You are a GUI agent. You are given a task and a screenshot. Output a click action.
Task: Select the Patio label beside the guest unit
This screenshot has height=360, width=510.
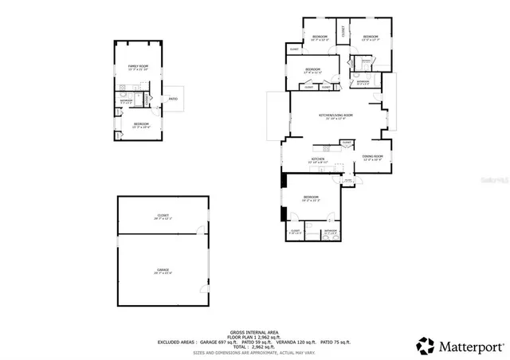pyautogui.click(x=173, y=99)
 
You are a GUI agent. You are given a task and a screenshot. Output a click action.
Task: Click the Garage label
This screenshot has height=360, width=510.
pyautogui.click(x=163, y=272)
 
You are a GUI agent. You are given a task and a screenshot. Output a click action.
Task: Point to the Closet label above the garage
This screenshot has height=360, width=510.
pyautogui.click(x=163, y=216)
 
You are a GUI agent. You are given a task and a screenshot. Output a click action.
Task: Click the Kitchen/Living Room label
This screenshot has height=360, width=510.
pyautogui.click(x=335, y=116)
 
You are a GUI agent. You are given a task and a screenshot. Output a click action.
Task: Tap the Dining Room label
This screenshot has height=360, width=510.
pyautogui.click(x=373, y=157)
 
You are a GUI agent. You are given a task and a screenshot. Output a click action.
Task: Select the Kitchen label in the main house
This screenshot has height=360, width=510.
pyautogui.click(x=317, y=159)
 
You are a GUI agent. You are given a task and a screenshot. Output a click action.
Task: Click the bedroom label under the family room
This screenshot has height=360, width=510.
pyautogui.click(x=141, y=125)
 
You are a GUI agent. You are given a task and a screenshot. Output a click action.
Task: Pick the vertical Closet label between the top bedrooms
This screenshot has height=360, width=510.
pyautogui.click(x=343, y=32)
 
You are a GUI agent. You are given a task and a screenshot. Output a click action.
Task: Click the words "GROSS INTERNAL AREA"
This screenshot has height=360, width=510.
pyautogui.click(x=254, y=331)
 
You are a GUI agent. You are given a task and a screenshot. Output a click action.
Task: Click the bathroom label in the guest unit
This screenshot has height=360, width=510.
pyautogui.click(x=126, y=101)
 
